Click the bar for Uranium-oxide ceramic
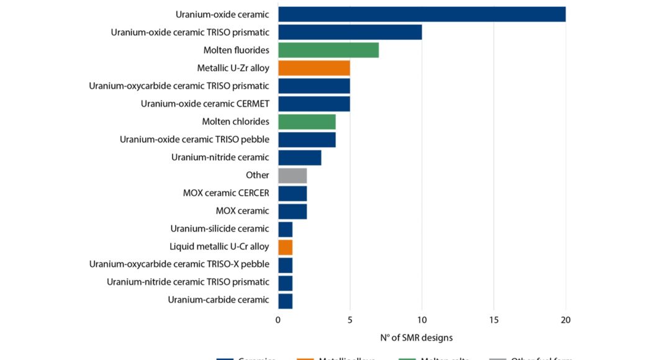click(x=422, y=14)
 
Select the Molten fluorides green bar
click(x=328, y=50)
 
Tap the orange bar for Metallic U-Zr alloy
click(x=314, y=68)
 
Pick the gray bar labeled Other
click(x=292, y=175)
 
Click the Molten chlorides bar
click(x=307, y=122)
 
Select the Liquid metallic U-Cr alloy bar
click(x=286, y=247)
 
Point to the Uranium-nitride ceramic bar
click(x=300, y=157)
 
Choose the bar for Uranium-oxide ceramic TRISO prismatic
click(x=350, y=32)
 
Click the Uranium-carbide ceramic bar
click(x=286, y=300)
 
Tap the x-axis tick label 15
click(x=494, y=320)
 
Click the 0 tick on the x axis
click(x=278, y=320)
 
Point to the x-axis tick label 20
click(x=566, y=320)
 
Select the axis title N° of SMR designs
click(x=417, y=338)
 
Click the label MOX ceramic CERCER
click(x=226, y=193)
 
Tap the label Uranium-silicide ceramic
click(x=220, y=228)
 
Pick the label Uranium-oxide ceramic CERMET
click(x=205, y=104)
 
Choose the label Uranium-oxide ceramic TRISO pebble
click(x=194, y=139)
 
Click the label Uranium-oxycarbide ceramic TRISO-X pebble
click(x=179, y=264)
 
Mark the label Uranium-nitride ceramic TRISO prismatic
click(x=188, y=282)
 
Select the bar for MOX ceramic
click(x=292, y=211)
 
